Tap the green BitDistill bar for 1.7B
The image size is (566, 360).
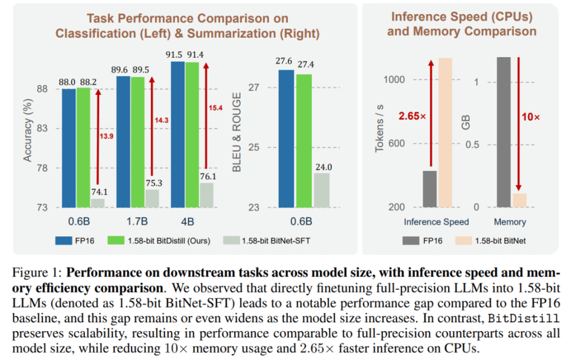click(x=137, y=142)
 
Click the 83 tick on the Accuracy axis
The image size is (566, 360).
click(x=43, y=128)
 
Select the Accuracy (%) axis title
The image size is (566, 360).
click(x=27, y=129)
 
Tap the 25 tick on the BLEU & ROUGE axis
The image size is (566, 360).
click(x=256, y=147)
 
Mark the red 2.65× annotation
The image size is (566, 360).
click(x=412, y=116)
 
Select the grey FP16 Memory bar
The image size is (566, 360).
click(x=503, y=132)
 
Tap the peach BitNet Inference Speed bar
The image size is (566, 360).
click(x=445, y=133)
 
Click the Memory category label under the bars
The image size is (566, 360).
click(x=511, y=222)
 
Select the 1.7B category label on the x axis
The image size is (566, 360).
click(x=138, y=222)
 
